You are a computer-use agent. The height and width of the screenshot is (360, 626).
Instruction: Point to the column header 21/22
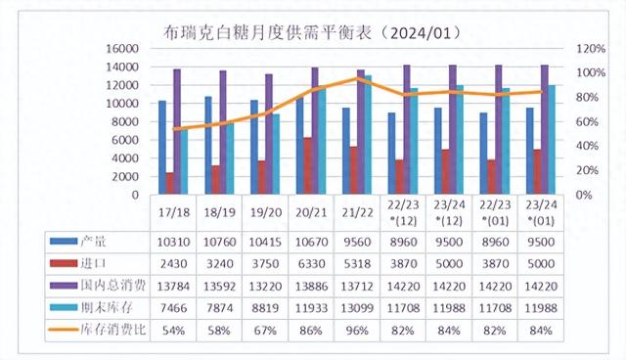[358, 211]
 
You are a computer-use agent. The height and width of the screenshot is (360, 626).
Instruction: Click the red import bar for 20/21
[308, 166]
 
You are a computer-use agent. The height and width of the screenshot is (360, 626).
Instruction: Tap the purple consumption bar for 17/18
[177, 132]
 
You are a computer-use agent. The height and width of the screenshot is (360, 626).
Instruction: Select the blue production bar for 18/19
[207, 146]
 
